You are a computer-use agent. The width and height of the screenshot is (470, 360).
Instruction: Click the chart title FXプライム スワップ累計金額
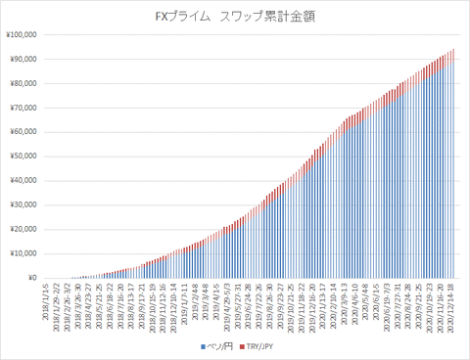(234, 17)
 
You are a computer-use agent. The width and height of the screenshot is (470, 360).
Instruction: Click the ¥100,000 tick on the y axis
(22, 34)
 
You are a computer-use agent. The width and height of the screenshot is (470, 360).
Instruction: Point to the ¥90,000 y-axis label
(23, 59)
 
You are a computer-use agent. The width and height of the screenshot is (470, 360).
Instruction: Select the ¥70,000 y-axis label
(23, 108)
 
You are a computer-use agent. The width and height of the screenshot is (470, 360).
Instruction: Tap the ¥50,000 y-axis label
(23, 156)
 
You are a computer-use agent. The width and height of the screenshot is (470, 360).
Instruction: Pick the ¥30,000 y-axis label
(23, 204)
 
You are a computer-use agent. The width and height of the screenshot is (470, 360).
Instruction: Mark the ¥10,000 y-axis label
(23, 253)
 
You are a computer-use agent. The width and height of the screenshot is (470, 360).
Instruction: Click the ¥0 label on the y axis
(30, 278)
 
